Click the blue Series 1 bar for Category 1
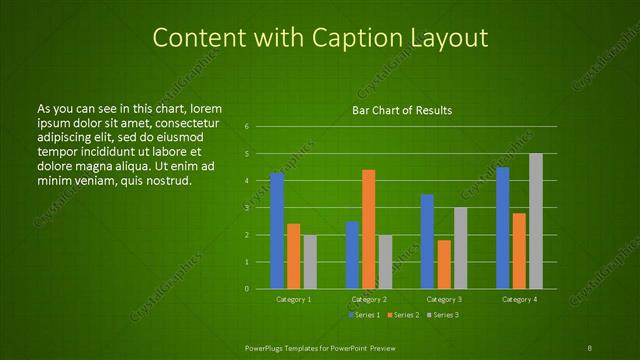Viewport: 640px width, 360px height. click(277, 231)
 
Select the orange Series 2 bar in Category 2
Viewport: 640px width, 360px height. click(368, 229)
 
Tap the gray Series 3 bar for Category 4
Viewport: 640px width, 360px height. click(536, 221)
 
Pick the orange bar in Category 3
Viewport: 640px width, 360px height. click(444, 264)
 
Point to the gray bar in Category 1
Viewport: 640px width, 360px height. click(310, 262)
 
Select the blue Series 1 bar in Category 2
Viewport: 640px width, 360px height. click(352, 255)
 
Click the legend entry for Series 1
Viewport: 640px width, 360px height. click(363, 315)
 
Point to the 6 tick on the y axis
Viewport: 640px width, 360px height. click(246, 127)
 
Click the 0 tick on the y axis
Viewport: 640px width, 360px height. click(246, 289)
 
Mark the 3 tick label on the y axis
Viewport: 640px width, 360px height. click(246, 208)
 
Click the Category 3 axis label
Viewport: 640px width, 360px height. click(444, 300)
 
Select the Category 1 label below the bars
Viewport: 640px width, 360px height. click(293, 300)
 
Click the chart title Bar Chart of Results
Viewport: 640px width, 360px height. click(402, 110)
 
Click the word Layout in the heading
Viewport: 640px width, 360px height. click(451, 38)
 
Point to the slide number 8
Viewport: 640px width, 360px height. click(589, 347)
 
